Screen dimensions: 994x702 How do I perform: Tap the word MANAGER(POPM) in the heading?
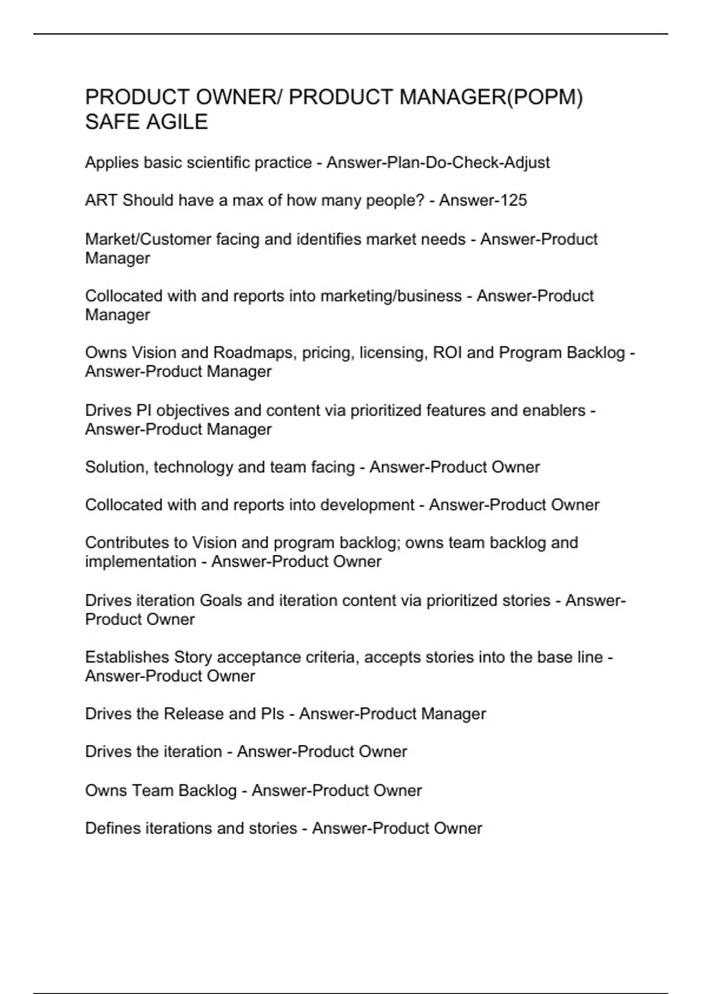pyautogui.click(x=491, y=97)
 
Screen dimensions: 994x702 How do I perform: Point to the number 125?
pyautogui.click(x=512, y=201)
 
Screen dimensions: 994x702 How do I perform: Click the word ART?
pyautogui.click(x=101, y=201)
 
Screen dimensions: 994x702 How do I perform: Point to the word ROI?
pyautogui.click(x=447, y=353)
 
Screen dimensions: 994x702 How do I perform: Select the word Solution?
pyautogui.click(x=116, y=467)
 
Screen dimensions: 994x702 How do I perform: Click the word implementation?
pyautogui.click(x=140, y=561)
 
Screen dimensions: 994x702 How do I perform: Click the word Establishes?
pyautogui.click(x=127, y=657)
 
